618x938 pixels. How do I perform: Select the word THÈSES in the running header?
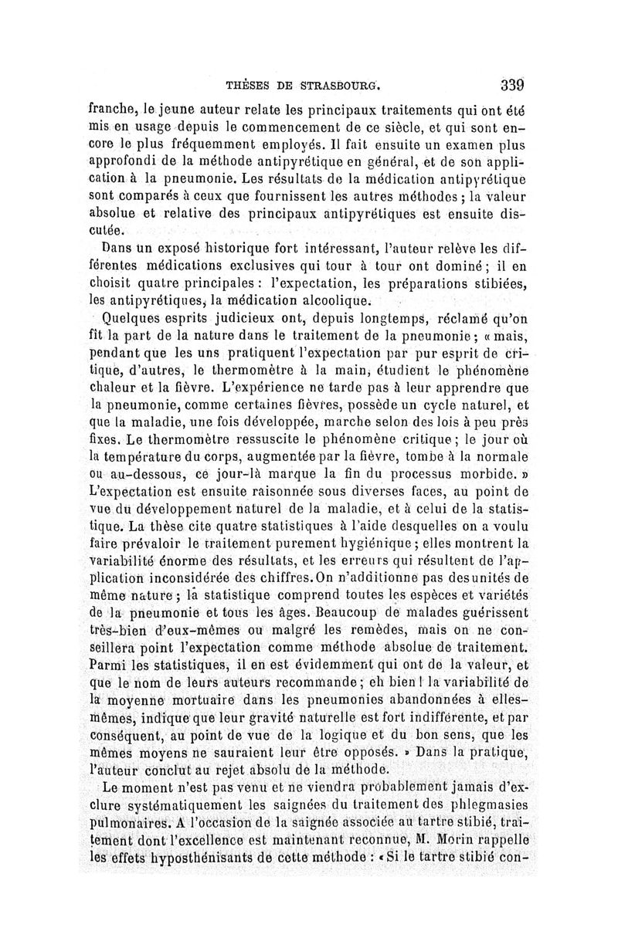pyautogui.click(x=248, y=86)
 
